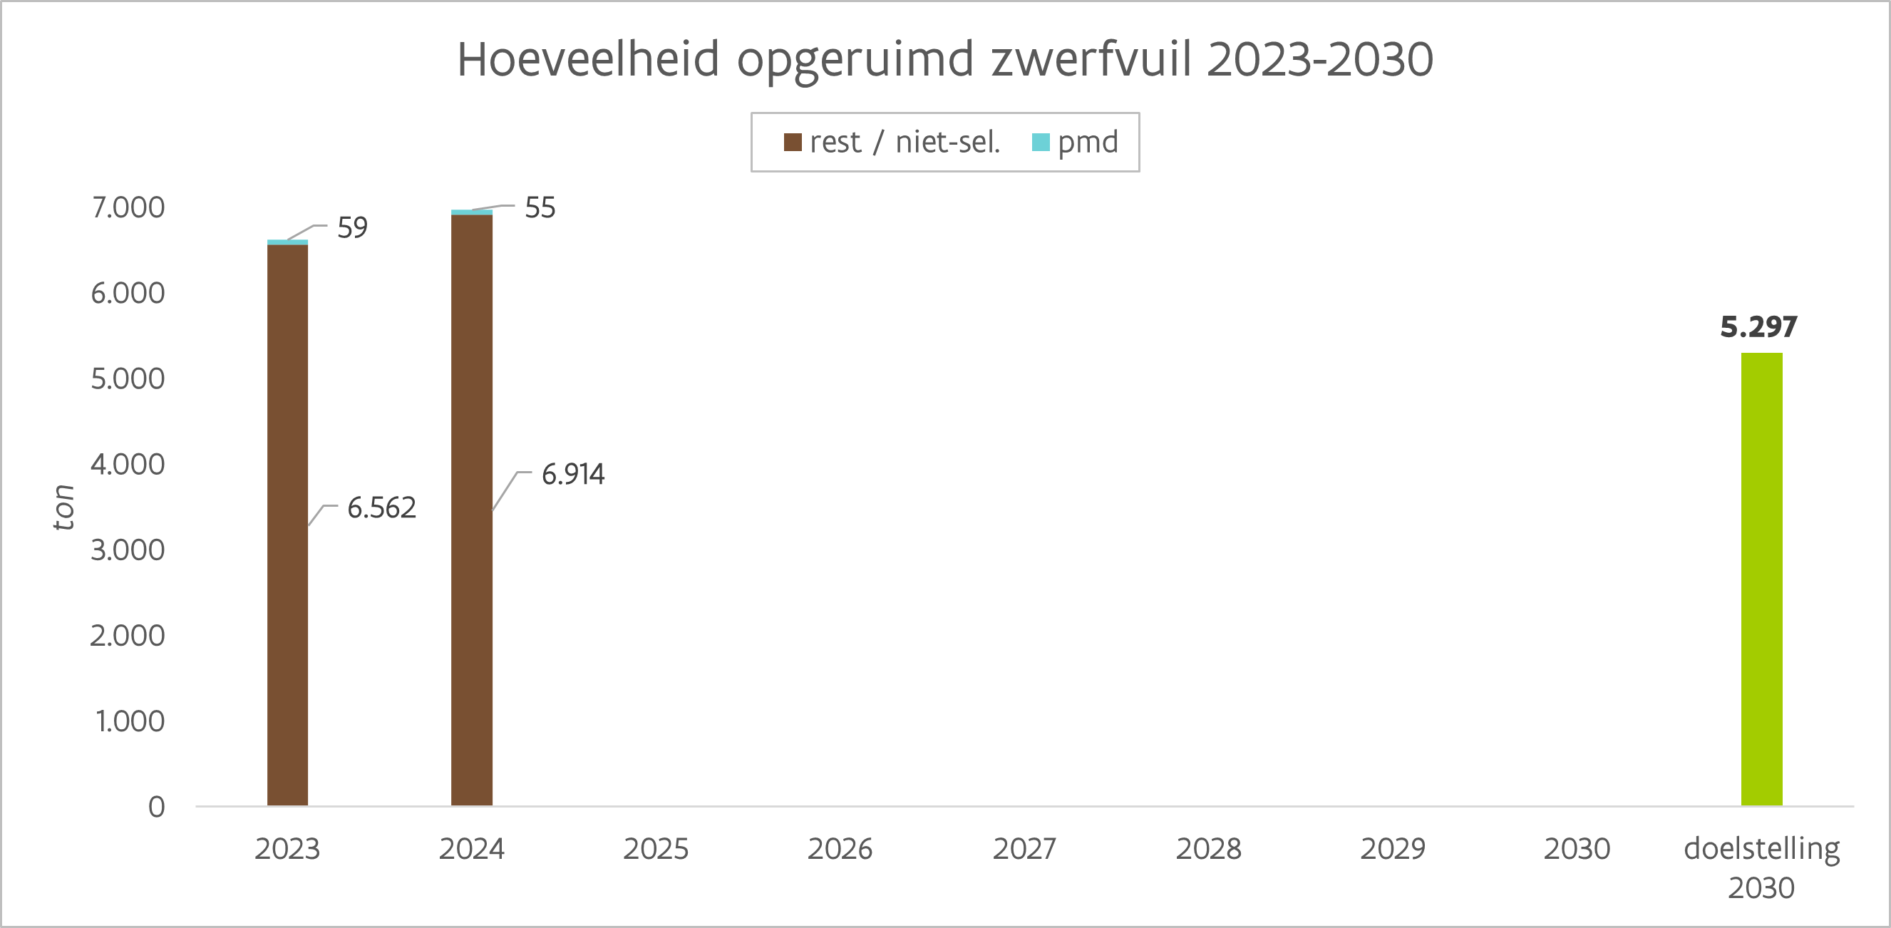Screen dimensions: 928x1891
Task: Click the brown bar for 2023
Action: [x=287, y=525]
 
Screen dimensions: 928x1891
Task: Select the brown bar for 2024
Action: [x=471, y=510]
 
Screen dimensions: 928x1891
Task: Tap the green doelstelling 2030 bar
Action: [x=1761, y=579]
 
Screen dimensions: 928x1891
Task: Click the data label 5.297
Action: [x=1758, y=326]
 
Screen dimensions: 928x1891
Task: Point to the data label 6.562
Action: [x=381, y=507]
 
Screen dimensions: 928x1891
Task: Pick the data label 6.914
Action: [x=572, y=474]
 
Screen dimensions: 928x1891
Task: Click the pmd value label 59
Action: [x=352, y=227]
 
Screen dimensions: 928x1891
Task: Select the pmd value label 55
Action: [x=540, y=208]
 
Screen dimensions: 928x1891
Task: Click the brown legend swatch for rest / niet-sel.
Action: [x=792, y=143]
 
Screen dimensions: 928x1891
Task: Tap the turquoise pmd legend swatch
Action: [x=1040, y=143]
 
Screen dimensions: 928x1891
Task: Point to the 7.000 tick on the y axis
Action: [x=128, y=208]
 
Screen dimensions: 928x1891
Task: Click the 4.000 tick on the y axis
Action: [x=128, y=465]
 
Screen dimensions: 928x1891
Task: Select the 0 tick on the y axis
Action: [x=156, y=807]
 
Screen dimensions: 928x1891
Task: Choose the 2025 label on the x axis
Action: [x=656, y=849]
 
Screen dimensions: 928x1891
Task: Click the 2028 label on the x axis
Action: [x=1208, y=849]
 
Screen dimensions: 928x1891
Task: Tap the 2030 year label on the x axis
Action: [x=1577, y=849]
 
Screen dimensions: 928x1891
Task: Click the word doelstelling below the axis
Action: [x=1761, y=849]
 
